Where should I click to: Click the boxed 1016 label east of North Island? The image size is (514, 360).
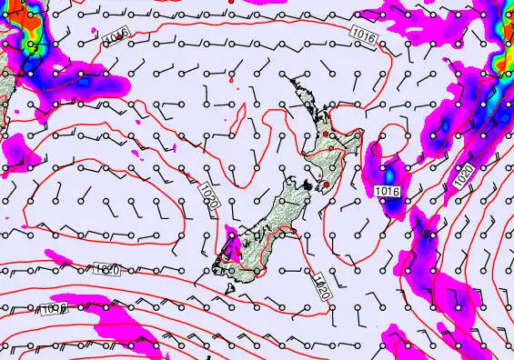pos(388,191)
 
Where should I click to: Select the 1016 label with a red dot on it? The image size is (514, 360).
pos(114,35)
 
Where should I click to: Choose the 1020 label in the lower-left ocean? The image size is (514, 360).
pos(106,269)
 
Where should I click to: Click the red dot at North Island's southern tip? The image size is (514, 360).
pos(324,185)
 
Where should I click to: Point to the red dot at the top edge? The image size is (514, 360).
pos(230,2)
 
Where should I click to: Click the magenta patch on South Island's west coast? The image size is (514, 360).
pos(233,241)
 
